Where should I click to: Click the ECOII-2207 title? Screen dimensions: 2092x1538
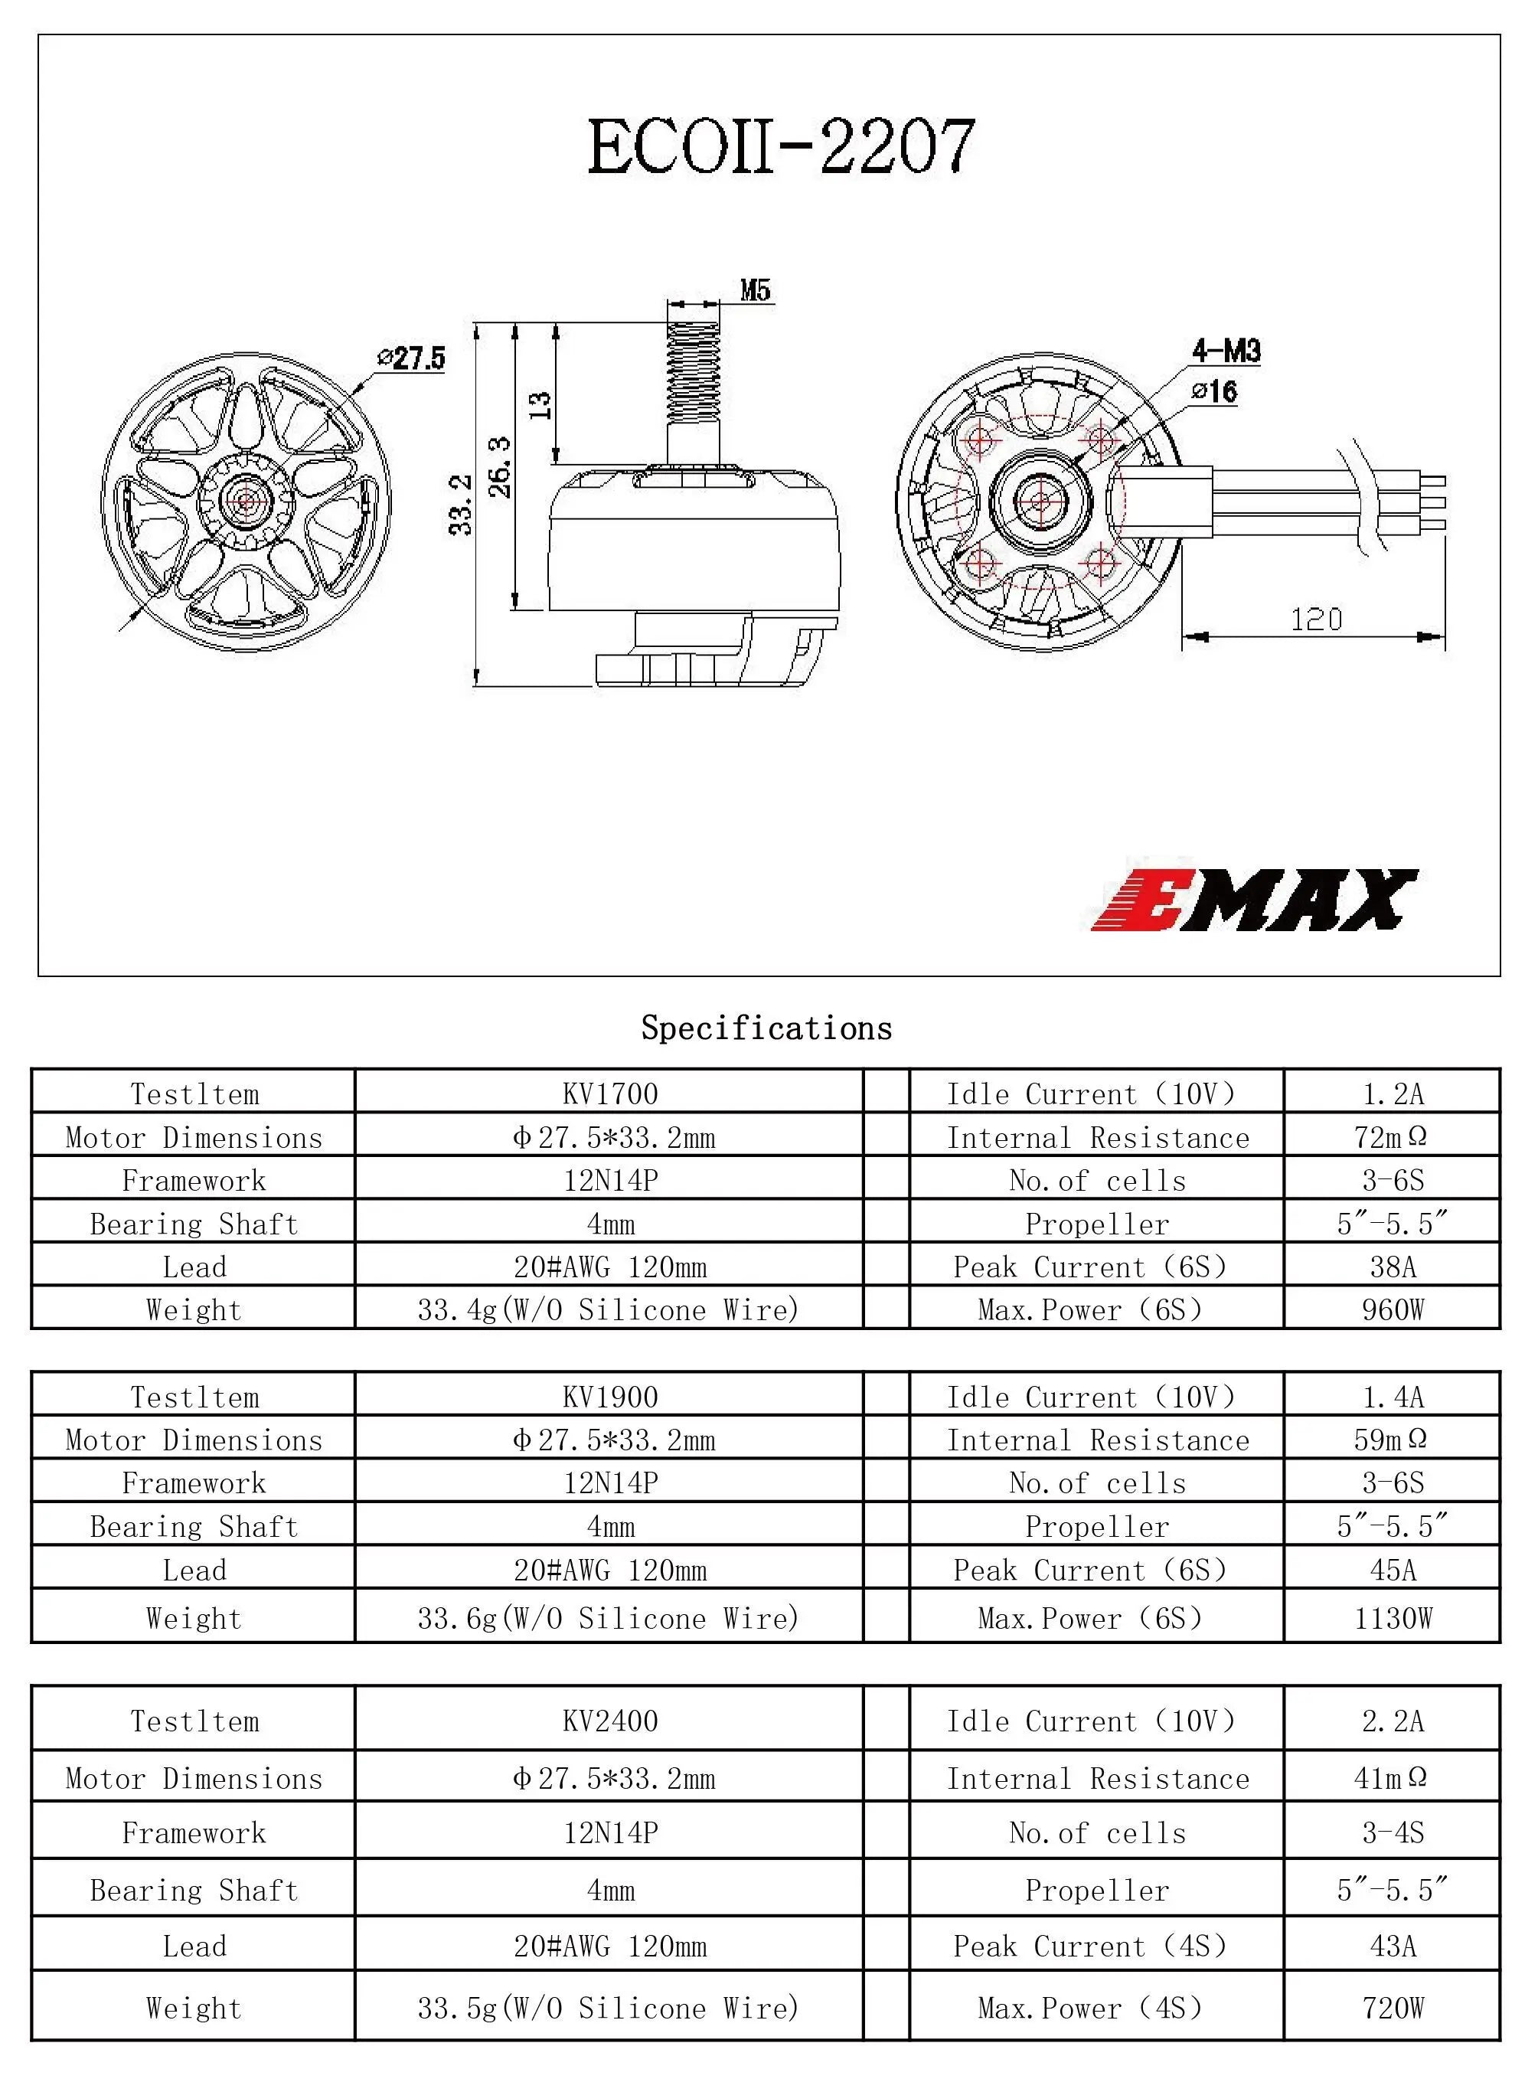(780, 147)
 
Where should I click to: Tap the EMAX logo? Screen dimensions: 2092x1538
(1253, 900)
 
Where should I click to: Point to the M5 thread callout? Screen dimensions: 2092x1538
(755, 290)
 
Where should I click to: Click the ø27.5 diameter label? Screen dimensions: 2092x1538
(412, 358)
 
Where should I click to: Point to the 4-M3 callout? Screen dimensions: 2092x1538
(1226, 351)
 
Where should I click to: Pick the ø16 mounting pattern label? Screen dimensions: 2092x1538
(1215, 391)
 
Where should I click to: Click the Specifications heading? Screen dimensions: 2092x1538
(766, 1028)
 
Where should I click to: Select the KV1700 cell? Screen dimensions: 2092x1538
(610, 1093)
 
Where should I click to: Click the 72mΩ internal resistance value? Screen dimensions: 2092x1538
(1392, 1137)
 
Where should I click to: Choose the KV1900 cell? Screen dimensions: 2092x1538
(610, 1397)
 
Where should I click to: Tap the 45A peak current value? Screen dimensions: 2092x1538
(1392, 1570)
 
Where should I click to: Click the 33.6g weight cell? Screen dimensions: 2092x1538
(608, 1618)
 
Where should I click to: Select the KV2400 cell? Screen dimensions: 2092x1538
(610, 1721)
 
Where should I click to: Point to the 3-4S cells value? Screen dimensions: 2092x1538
(1392, 1832)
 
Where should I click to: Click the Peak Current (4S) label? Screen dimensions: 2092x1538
(1089, 1946)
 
